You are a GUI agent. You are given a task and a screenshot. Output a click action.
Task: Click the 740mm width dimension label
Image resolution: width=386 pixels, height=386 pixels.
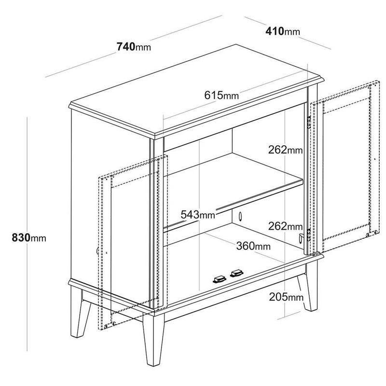(134, 46)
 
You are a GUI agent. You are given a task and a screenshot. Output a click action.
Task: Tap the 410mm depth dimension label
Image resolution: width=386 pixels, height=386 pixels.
(283, 31)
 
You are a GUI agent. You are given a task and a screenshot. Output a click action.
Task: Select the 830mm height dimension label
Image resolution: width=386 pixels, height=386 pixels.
(29, 238)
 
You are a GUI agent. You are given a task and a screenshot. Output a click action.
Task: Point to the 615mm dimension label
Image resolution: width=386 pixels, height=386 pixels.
(221, 95)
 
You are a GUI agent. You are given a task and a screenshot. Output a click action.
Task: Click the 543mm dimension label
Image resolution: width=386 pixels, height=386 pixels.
(198, 214)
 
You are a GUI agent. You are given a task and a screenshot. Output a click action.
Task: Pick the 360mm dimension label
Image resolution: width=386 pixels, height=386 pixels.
(253, 246)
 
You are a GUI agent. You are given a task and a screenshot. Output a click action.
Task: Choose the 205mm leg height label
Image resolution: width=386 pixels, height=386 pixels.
(286, 297)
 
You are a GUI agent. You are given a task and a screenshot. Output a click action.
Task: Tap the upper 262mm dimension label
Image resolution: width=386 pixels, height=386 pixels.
(285, 150)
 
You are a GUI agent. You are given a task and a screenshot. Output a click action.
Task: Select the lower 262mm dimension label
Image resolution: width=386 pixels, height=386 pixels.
(285, 226)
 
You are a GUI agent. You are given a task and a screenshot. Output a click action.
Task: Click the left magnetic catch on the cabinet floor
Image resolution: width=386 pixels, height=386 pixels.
(220, 279)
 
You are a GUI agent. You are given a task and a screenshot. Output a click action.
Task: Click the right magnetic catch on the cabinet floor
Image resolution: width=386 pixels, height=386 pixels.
(237, 273)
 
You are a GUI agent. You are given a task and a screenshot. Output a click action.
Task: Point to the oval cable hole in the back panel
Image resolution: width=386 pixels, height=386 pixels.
(240, 216)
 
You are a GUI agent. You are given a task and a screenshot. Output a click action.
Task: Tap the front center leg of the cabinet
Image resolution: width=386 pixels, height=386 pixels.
(153, 340)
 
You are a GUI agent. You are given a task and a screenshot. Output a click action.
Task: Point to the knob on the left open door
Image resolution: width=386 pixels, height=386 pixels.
(97, 250)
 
